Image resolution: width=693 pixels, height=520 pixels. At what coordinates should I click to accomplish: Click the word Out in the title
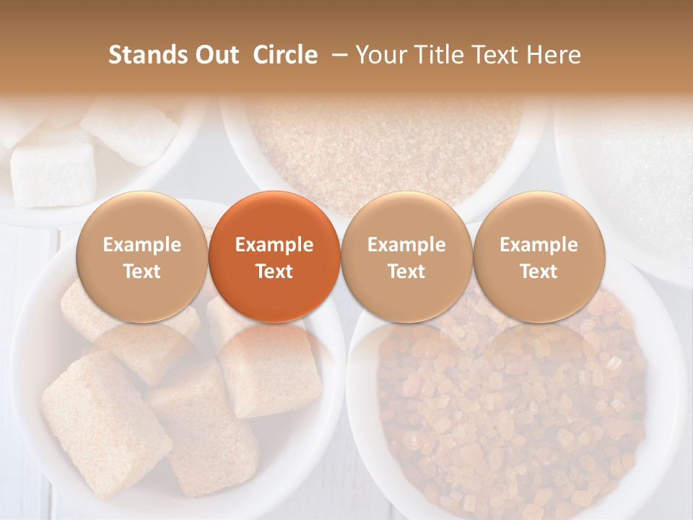[217, 55]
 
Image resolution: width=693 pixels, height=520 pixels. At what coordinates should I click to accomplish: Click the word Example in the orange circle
[274, 245]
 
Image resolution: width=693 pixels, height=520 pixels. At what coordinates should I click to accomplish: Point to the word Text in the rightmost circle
[539, 272]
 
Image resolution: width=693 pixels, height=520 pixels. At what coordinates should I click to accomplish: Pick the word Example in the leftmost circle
[141, 245]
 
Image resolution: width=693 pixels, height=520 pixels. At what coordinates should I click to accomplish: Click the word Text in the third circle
[406, 272]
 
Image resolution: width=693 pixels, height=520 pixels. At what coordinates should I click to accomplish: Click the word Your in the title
[379, 55]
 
